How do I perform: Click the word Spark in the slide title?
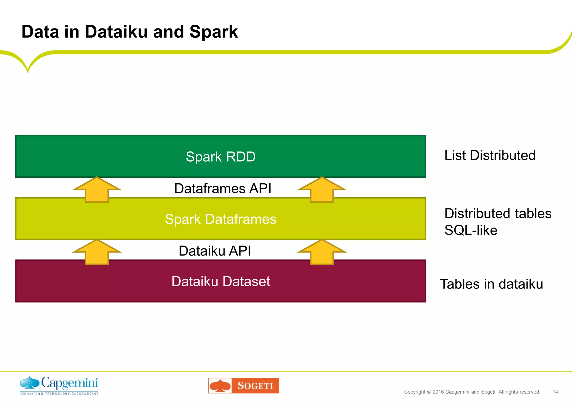(213, 32)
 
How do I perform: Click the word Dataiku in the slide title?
(116, 32)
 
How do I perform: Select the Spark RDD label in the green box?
(220, 157)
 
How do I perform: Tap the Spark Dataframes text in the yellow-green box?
(220, 219)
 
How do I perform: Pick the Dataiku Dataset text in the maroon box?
(220, 281)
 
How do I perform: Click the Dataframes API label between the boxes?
(223, 188)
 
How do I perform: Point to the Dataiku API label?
(214, 251)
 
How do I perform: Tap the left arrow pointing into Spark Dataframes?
(97, 252)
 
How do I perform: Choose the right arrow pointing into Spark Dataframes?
(322, 252)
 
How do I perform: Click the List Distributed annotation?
(490, 155)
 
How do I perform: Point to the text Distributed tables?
(498, 213)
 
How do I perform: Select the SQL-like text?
(471, 230)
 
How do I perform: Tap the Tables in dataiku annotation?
(491, 284)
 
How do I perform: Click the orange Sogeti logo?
(244, 386)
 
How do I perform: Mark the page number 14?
(555, 392)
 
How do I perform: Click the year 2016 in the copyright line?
(438, 392)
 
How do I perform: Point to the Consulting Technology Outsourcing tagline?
(59, 394)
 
